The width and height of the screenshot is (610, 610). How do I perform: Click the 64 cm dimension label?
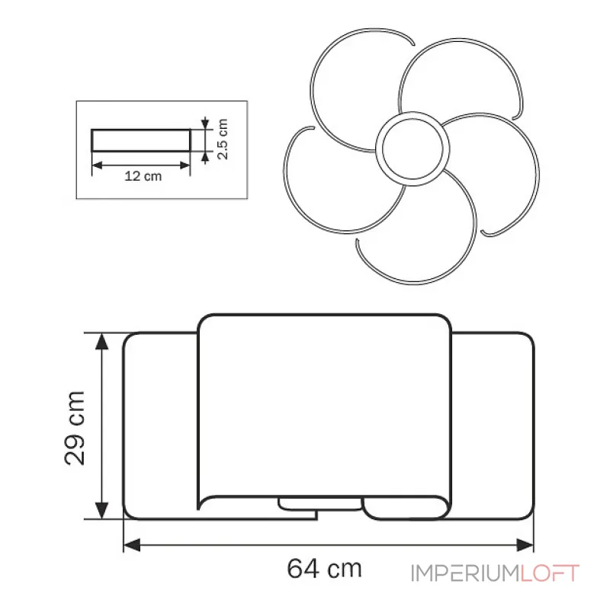325,568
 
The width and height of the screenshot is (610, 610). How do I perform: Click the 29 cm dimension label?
74,428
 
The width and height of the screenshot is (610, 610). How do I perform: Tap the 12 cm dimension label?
143,176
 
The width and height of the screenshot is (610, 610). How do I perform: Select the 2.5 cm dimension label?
223,139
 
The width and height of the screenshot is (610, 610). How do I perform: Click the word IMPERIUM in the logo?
465,573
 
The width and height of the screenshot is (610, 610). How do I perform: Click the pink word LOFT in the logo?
550,573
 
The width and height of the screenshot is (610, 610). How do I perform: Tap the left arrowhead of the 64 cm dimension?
131,545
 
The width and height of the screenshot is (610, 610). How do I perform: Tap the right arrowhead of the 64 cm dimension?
525,545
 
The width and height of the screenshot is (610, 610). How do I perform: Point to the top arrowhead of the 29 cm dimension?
101,341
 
